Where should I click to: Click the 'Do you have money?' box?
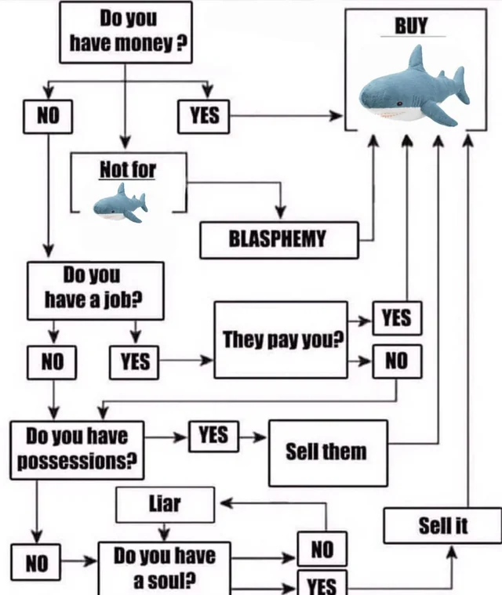point(125,32)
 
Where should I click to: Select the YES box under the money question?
point(204,116)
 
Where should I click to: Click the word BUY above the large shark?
point(411,26)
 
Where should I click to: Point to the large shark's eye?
point(398,103)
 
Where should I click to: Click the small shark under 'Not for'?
point(120,203)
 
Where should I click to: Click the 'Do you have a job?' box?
point(95,290)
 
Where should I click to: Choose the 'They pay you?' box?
point(281,339)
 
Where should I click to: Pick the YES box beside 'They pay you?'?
point(396,317)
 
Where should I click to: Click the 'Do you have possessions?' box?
point(77,449)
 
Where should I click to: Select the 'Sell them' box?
point(327,452)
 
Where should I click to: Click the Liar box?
point(165,505)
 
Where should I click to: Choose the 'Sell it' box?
point(442,525)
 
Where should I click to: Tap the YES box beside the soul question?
point(321,584)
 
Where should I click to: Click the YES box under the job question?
point(135,361)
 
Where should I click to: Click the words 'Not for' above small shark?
point(128,169)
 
